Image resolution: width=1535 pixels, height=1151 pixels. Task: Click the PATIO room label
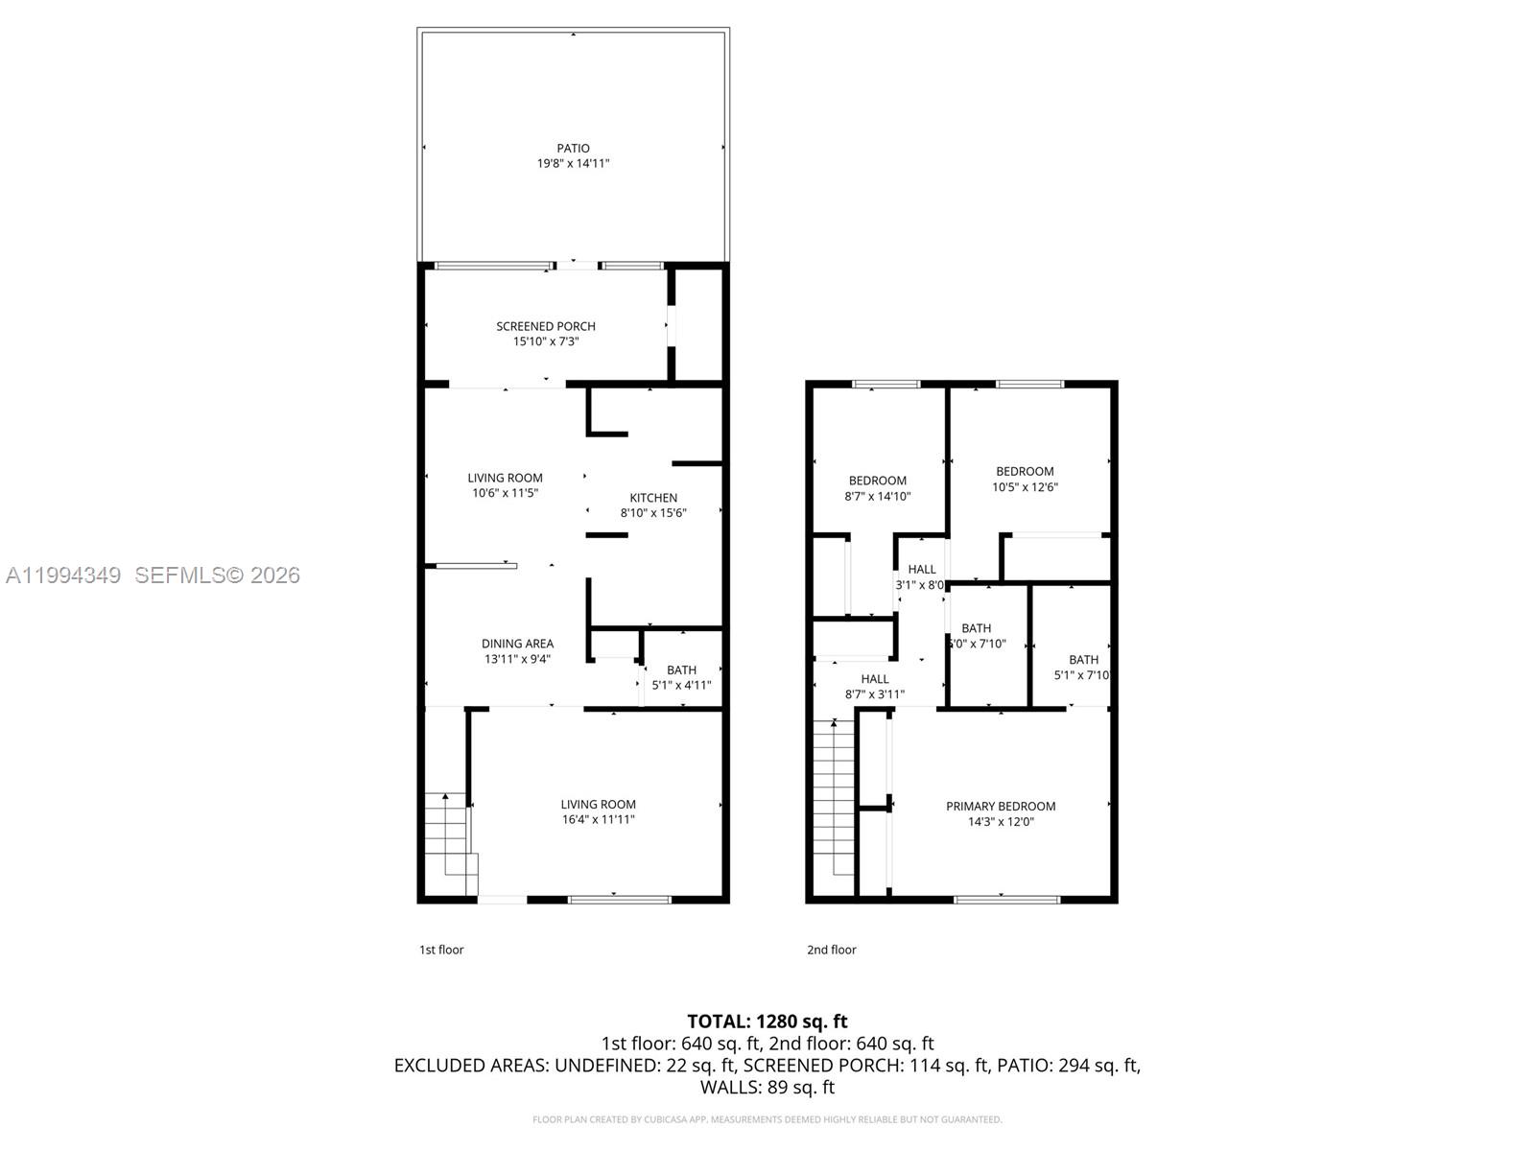pyautogui.click(x=573, y=148)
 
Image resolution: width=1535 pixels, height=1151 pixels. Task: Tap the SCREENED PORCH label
pyautogui.click(x=545, y=326)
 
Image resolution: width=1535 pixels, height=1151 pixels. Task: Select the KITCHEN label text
pyautogui.click(x=653, y=498)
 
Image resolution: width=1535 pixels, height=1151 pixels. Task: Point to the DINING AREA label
pyautogui.click(x=517, y=644)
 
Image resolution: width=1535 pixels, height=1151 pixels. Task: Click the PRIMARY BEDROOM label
pyautogui.click(x=1001, y=807)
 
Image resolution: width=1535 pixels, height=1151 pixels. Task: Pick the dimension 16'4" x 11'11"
pyautogui.click(x=598, y=820)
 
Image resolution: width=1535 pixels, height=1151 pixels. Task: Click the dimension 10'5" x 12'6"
pyautogui.click(x=1025, y=487)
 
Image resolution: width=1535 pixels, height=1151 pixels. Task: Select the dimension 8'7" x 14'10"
pyautogui.click(x=877, y=497)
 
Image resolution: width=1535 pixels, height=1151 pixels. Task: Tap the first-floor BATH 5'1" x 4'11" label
pyautogui.click(x=681, y=677)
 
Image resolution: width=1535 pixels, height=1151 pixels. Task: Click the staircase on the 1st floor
pyautogui.click(x=449, y=834)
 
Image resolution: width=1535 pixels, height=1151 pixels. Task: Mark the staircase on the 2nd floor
pyautogui.click(x=834, y=796)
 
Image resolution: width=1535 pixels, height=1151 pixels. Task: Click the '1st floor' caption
pyautogui.click(x=441, y=950)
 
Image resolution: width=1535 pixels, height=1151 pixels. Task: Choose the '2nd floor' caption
pyautogui.click(x=831, y=950)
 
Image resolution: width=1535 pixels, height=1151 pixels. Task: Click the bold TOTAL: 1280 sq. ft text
pyautogui.click(x=767, y=1022)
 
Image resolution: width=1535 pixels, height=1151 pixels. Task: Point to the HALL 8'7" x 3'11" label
pyautogui.click(x=874, y=687)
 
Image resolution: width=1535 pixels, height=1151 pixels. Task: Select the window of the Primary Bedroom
pyautogui.click(x=1006, y=900)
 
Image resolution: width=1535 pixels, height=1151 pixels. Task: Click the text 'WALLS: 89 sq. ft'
pyautogui.click(x=767, y=1088)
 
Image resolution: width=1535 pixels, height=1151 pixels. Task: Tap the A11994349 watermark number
pyautogui.click(x=63, y=575)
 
